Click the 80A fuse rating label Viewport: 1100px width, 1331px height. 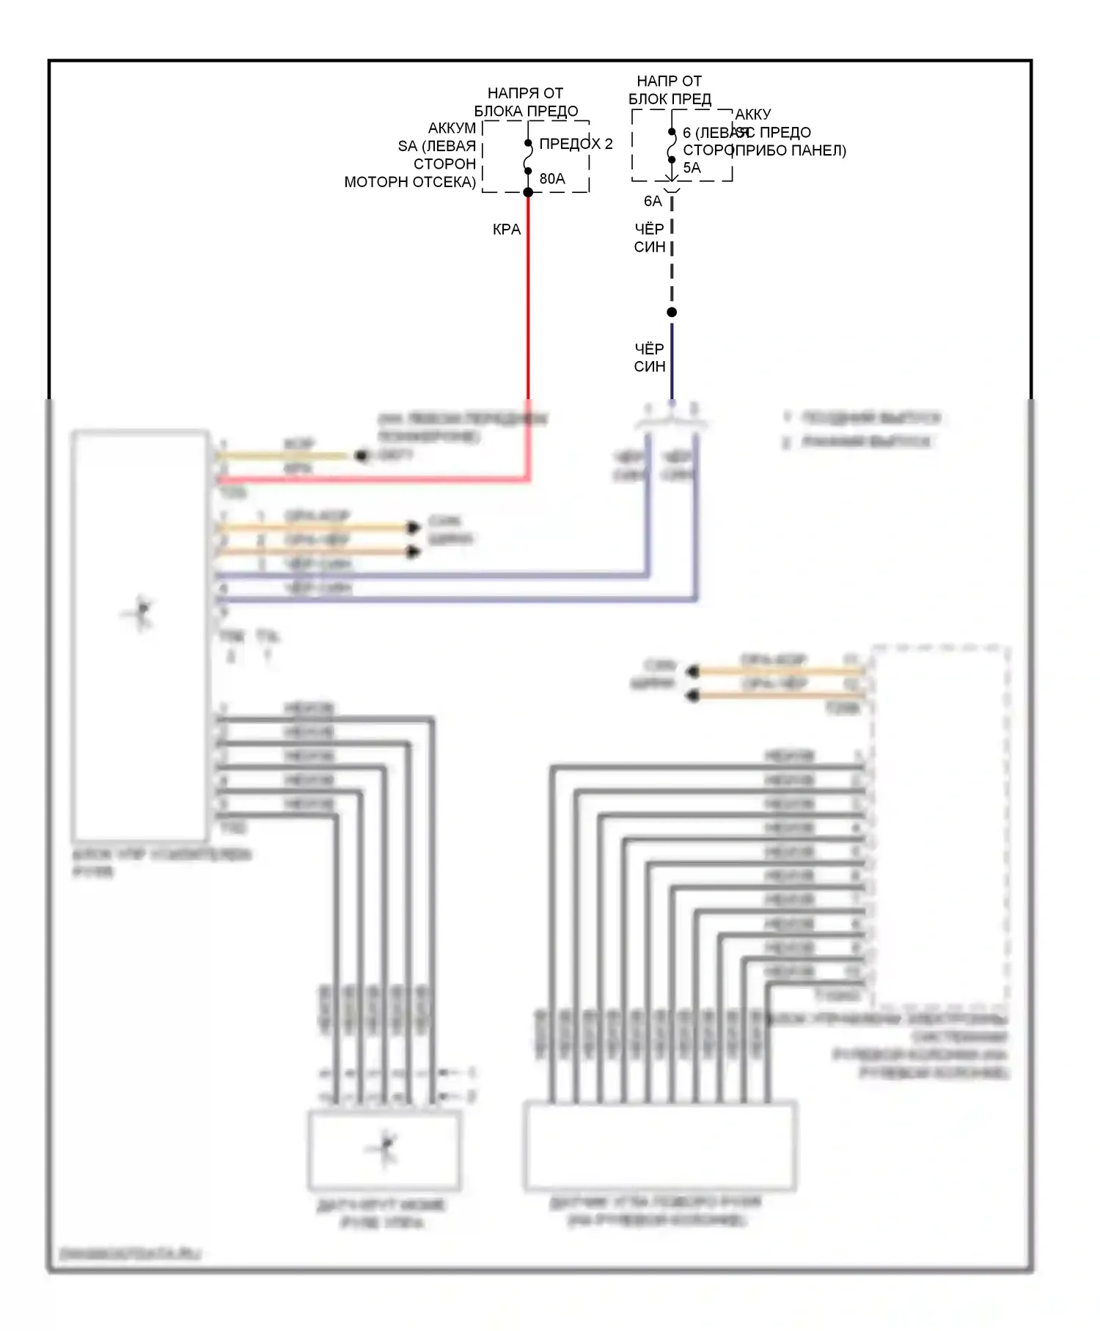[552, 178]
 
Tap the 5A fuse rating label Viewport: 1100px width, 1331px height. [692, 167]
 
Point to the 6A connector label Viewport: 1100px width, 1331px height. [652, 201]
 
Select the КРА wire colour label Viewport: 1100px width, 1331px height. [507, 230]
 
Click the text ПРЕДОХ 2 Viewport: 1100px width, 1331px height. [576, 144]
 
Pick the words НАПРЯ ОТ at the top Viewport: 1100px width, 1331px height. [525, 93]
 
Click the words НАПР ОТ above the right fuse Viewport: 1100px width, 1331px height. [669, 81]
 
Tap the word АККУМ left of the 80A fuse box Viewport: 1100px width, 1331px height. [452, 128]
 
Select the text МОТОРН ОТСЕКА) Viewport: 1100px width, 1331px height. [410, 182]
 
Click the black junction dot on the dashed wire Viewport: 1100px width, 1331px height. [672, 313]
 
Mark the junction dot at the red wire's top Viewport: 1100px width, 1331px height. [528, 192]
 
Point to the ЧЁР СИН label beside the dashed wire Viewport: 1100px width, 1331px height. [650, 238]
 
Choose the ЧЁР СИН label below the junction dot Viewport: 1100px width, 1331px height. [650, 357]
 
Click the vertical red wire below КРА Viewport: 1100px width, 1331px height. [528, 308]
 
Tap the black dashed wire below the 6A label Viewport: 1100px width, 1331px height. [672, 257]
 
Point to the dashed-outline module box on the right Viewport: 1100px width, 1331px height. [940, 822]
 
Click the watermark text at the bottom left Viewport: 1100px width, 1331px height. [130, 1253]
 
